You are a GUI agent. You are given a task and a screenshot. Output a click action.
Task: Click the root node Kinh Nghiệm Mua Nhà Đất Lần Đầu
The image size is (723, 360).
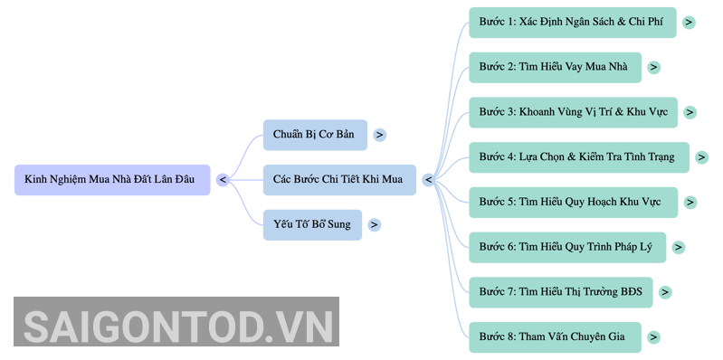tap(112, 180)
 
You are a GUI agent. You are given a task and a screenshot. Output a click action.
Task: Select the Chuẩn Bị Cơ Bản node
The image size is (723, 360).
tap(315, 135)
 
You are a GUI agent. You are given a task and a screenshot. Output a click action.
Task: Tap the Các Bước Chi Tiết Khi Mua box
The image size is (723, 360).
tap(339, 180)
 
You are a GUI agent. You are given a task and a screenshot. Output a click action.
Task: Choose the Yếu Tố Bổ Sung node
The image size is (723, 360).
tap(312, 225)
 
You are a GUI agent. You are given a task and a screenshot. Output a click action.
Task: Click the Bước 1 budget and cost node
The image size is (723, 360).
tap(573, 23)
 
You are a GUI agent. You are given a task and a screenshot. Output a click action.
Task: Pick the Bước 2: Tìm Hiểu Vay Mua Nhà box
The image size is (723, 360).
tap(556, 67)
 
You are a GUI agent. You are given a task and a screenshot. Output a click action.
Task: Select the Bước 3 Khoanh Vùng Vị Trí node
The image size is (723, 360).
tap(573, 112)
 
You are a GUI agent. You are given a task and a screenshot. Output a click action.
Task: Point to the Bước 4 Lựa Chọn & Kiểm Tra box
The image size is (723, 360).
tap(579, 157)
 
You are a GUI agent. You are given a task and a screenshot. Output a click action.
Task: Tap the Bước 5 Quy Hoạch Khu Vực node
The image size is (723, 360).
tap(573, 203)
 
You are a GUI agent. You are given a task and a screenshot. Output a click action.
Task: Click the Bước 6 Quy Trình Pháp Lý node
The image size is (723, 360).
tap(567, 248)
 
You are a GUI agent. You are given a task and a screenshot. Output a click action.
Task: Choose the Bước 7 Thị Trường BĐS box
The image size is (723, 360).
tap(561, 292)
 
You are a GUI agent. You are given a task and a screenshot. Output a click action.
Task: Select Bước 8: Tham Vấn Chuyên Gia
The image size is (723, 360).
tap(556, 337)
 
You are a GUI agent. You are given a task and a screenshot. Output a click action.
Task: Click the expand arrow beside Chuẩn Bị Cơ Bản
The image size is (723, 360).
tap(379, 135)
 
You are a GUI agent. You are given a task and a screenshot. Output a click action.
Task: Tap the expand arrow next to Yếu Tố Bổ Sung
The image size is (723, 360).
tap(374, 225)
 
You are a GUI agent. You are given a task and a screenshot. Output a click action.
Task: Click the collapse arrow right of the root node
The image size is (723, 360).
tap(223, 180)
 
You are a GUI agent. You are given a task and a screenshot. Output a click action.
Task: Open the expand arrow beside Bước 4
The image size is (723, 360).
tap(701, 157)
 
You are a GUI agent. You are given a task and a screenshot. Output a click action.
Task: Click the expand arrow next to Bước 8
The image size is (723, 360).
tap(653, 337)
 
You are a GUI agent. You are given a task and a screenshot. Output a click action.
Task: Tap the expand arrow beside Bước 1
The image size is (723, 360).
tap(689, 23)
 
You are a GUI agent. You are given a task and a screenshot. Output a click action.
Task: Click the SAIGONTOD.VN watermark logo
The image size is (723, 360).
tap(176, 322)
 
